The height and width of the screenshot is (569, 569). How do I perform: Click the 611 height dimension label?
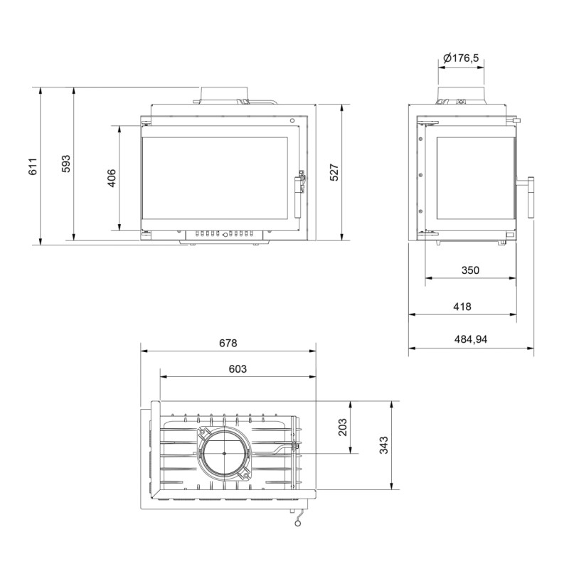(x=33, y=166)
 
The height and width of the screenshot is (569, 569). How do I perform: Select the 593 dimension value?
(x=65, y=164)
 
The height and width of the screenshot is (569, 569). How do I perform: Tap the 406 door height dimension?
(x=112, y=179)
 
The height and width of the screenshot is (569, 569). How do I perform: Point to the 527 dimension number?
(x=334, y=172)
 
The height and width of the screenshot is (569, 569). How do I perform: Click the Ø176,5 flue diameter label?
(x=461, y=58)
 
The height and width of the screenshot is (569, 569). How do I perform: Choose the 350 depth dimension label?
(x=470, y=270)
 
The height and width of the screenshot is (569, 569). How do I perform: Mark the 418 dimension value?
(x=462, y=307)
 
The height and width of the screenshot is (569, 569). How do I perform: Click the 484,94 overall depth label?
(x=471, y=339)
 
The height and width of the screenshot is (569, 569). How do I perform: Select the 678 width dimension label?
(x=228, y=343)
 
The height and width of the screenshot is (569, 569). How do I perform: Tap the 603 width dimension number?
(x=238, y=368)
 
